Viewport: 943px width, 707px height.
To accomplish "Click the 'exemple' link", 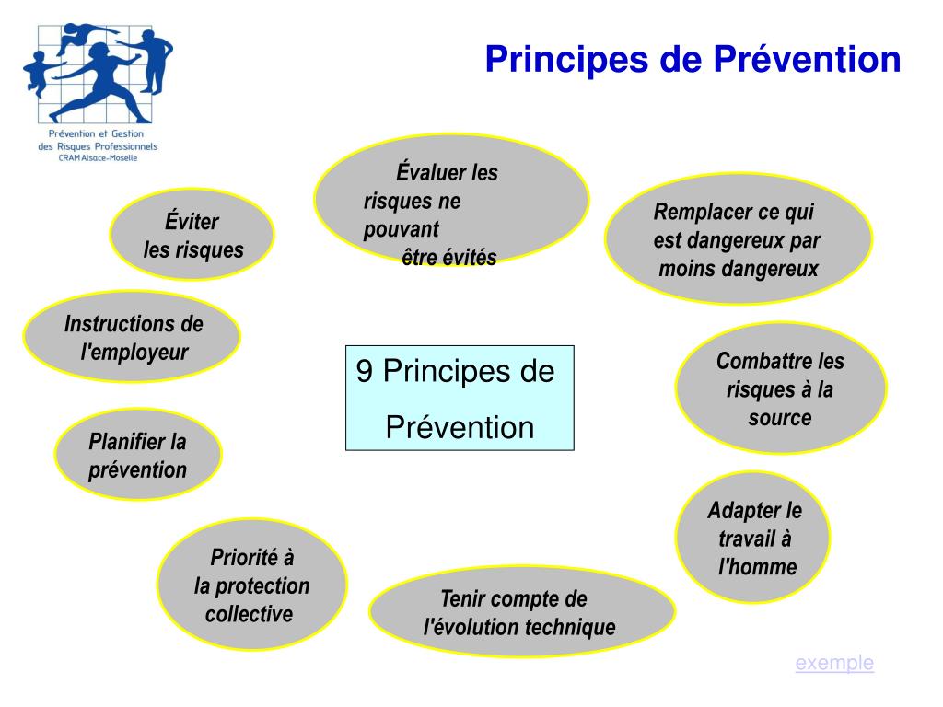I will click(x=834, y=663).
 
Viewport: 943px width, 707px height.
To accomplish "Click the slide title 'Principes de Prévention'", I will click(x=693, y=60).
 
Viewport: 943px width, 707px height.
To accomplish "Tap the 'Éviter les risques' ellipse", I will click(x=192, y=235).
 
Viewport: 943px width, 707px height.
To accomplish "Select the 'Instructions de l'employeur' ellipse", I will click(x=132, y=337).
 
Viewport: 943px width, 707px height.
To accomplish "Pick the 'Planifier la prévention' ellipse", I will click(x=138, y=455).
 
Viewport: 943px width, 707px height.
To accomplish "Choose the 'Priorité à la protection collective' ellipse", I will click(x=251, y=585).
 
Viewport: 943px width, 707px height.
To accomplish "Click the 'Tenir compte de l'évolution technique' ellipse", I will click(x=521, y=612).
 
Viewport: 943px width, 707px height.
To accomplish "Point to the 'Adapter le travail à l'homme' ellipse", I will click(x=753, y=538).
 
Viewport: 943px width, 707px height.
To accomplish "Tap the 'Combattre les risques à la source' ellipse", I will click(x=780, y=388).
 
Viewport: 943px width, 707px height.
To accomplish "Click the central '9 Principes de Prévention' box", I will click(x=460, y=398).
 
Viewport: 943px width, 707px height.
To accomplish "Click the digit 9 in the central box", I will click(x=365, y=372).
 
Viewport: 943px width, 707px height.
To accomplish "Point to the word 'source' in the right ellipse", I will click(x=779, y=418).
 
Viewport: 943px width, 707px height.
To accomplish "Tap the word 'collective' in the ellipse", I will click(x=249, y=614).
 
